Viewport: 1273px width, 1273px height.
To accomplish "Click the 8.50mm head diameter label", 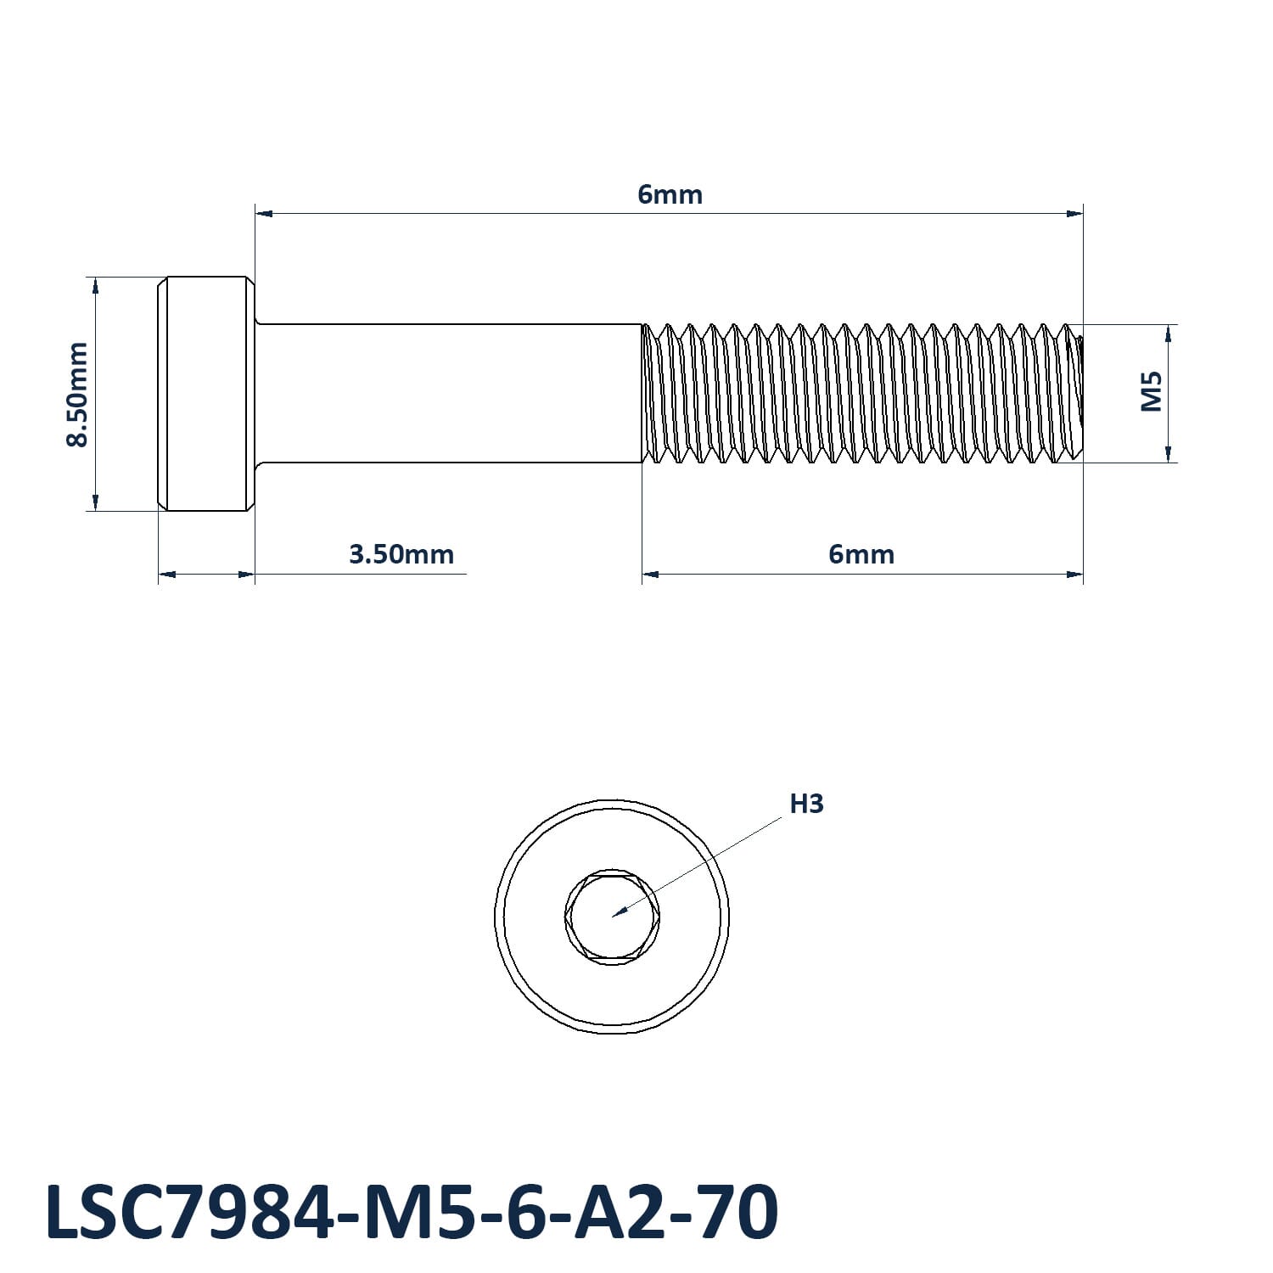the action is (x=78, y=394).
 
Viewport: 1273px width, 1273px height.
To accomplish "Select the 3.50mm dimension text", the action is (x=401, y=554).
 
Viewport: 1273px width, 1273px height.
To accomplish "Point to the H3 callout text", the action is (x=806, y=803).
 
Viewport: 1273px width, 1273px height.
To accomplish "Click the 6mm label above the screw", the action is (x=670, y=194).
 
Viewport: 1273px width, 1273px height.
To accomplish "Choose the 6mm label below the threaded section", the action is (x=861, y=554).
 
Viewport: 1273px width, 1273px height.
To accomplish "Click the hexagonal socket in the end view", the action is (x=611, y=917).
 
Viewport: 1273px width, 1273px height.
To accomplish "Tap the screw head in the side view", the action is (x=206, y=394).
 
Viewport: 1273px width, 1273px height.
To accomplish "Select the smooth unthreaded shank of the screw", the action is (x=448, y=394).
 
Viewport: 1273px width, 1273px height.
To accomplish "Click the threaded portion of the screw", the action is (x=862, y=394).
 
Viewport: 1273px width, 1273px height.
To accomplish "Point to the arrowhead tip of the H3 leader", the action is (x=614, y=917).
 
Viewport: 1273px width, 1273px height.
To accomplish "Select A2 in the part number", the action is (x=601, y=1212).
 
